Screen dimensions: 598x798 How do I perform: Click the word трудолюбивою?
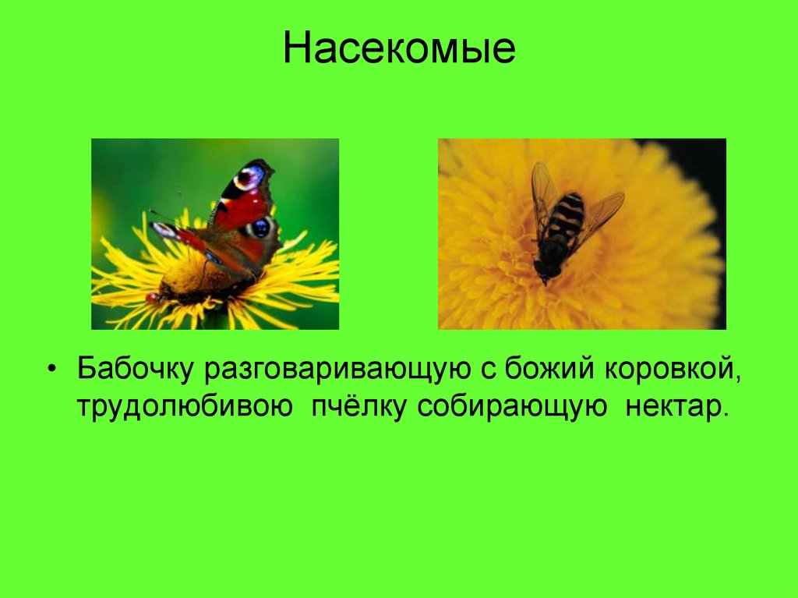(x=184, y=407)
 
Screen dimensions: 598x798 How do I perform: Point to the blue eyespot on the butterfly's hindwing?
(x=260, y=228)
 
